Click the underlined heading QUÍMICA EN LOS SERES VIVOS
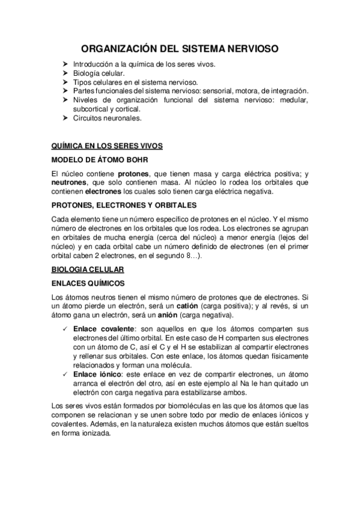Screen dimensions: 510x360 tap(103, 146)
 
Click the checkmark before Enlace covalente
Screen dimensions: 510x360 tap(65, 329)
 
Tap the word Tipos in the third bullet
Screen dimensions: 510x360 tap(82, 82)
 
